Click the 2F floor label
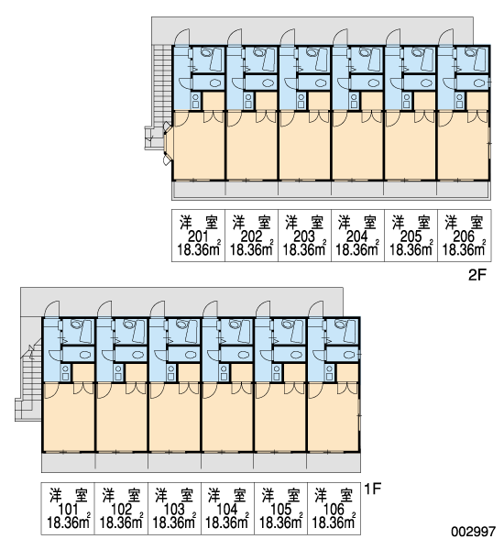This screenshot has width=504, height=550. point(477,275)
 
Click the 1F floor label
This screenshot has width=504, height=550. point(372,489)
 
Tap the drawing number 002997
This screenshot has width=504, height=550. point(473,532)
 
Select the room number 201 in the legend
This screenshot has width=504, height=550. point(198,236)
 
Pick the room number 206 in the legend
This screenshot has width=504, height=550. point(464,236)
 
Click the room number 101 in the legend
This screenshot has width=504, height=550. point(67,510)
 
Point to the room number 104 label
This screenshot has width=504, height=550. point(226,510)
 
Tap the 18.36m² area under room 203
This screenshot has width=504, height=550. point(304,249)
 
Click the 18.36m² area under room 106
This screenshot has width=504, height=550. point(334,522)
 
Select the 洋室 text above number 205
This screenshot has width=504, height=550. point(411,222)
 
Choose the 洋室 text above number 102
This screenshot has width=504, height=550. point(121,495)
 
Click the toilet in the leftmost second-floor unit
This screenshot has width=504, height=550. point(205,52)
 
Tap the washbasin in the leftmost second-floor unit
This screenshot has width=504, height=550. point(215,83)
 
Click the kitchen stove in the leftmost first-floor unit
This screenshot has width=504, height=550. point(65,372)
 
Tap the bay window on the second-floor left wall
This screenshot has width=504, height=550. point(168,143)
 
